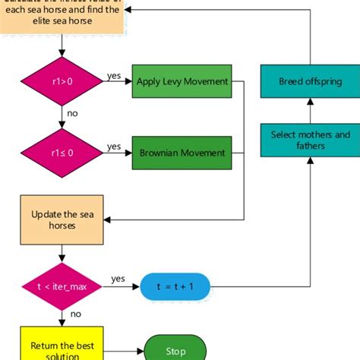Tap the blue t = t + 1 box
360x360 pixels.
point(175,286)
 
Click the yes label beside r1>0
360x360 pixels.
point(114,76)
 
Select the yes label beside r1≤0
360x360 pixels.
point(114,146)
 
